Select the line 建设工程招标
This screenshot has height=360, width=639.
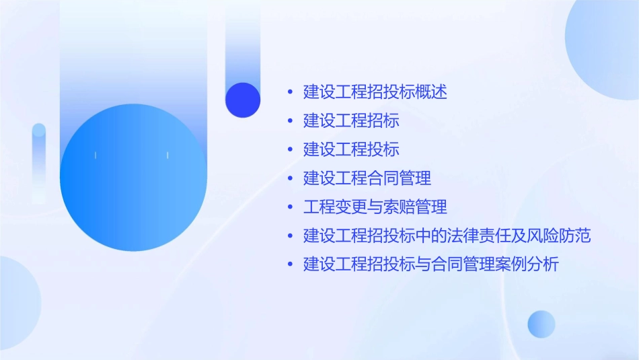coord(351,120)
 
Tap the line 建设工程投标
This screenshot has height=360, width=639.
coord(351,149)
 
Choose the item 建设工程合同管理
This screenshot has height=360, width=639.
coord(367,178)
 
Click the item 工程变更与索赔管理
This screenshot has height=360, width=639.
coord(375,207)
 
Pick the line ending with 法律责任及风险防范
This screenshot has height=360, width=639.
coord(447,236)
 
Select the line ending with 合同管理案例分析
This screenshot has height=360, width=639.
coord(430,264)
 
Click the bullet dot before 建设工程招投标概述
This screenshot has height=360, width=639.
coord(290,92)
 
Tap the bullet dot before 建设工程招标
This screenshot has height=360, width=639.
coord(290,121)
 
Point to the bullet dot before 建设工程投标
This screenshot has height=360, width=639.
coord(290,150)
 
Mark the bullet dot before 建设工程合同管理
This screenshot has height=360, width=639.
coord(290,179)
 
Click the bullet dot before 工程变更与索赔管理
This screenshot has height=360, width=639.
coord(290,207)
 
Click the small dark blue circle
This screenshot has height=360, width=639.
coord(243,100)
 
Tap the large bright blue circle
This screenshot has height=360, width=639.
coord(133,178)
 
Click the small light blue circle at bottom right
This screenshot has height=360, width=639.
coord(541,324)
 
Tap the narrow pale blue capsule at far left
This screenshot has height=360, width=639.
coord(39,161)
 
